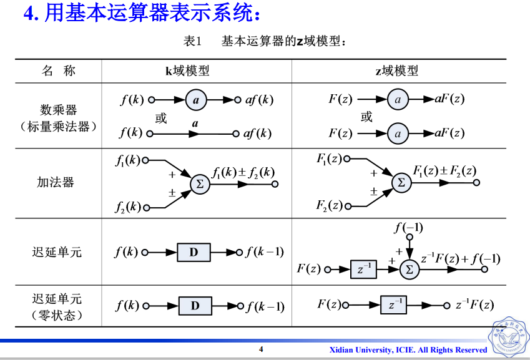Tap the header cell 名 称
click(59, 71)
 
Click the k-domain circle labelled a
click(195, 100)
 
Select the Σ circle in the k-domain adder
click(200, 184)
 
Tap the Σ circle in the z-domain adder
click(401, 183)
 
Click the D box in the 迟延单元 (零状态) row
click(195, 306)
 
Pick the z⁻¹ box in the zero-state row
click(393, 305)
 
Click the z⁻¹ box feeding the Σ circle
click(365, 270)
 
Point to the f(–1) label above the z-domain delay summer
click(408, 228)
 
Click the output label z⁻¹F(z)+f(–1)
click(460, 258)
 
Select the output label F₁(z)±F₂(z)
click(444, 170)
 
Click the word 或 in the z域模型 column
click(366, 117)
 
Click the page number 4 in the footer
click(261, 349)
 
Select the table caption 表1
click(193, 42)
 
